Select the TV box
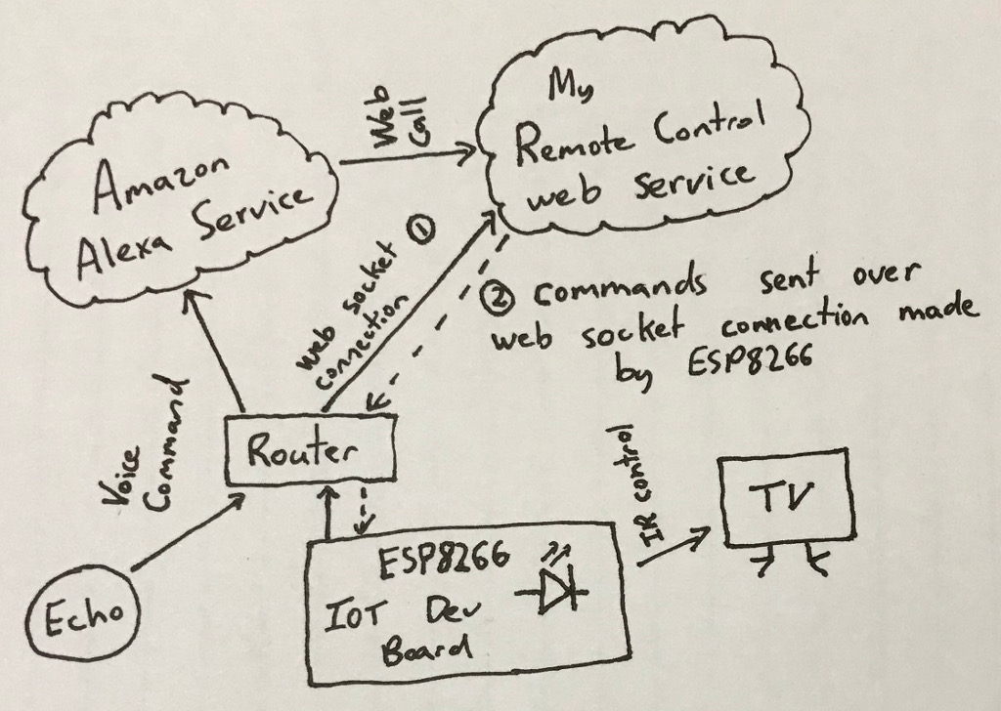(787, 499)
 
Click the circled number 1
(421, 230)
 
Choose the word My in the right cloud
(566, 90)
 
